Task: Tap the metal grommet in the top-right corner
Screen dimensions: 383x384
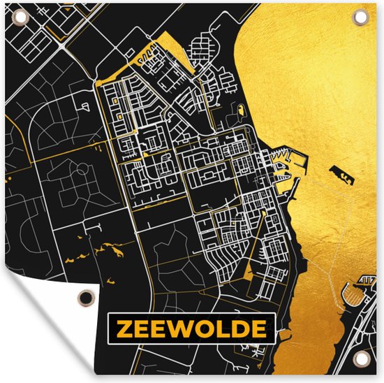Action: click(x=362, y=15)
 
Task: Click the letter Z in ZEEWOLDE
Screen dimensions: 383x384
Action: click(x=123, y=328)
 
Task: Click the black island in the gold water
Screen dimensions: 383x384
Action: click(x=341, y=172)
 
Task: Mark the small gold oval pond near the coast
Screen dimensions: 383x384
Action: click(x=241, y=110)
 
